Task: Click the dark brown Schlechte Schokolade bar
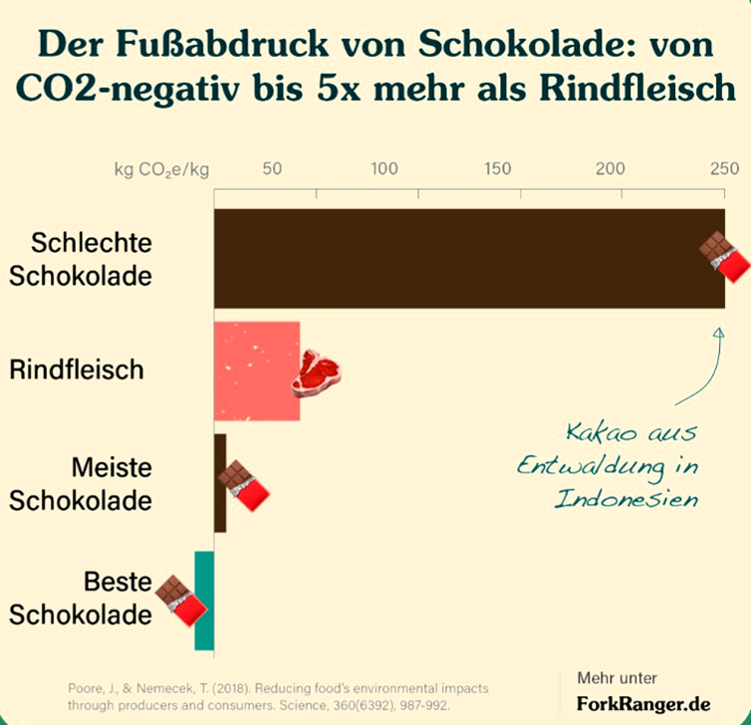coord(458,259)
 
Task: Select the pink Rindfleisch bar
coord(254,370)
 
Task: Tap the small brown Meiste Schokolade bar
coord(220,483)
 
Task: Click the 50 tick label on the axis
coord(272,167)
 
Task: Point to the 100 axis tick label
coord(384,167)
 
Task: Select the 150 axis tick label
coord(498,167)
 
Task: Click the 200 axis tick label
coord(611,167)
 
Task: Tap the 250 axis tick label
coord(724,167)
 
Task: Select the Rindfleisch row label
coord(77,370)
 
